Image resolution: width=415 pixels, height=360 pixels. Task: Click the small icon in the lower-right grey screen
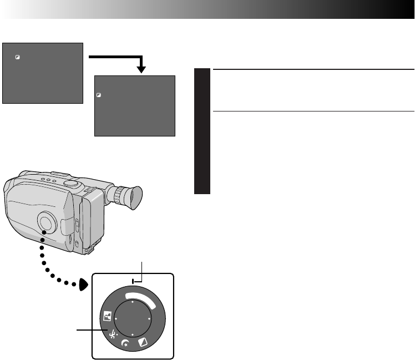(x=98, y=95)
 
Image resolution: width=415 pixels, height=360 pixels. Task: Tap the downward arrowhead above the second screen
(x=142, y=69)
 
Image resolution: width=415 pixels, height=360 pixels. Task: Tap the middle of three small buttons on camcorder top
(x=49, y=180)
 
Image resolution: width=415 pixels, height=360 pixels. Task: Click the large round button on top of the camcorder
(x=70, y=183)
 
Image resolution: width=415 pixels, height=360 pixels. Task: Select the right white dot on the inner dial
(x=150, y=320)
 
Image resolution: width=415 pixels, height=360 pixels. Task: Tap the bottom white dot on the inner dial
(x=133, y=337)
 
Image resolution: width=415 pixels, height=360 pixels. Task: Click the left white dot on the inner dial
(x=117, y=320)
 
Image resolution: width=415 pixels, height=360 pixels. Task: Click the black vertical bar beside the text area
(x=203, y=131)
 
